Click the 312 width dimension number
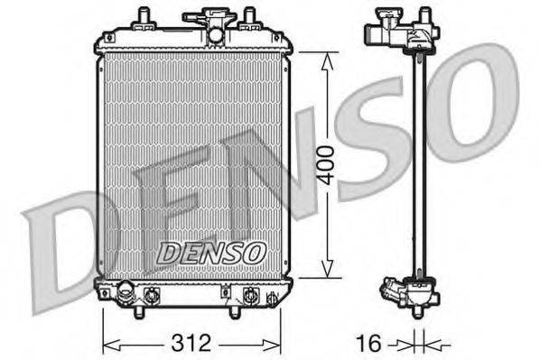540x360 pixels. click(x=191, y=343)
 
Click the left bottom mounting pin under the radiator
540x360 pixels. click(x=140, y=310)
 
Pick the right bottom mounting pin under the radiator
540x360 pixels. click(x=236, y=311)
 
